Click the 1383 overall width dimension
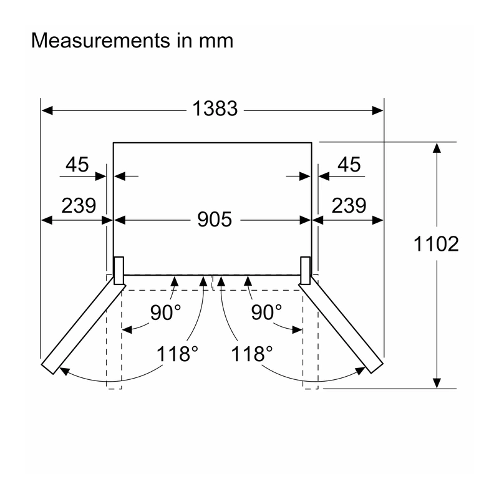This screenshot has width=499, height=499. pos(215,109)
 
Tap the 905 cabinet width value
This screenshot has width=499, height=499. pos(215,220)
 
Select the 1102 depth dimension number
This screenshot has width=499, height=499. pos(436,244)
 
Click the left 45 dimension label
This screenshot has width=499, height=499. pos(77,165)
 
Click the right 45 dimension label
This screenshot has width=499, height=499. pos(349,165)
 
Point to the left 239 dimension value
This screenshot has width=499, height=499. pos(79,206)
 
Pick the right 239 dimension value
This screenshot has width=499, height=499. pos(349,206)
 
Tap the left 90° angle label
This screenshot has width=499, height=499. pos(165,312)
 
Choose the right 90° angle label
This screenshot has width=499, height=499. pos(266,312)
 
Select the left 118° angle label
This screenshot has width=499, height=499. pos(177,354)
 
